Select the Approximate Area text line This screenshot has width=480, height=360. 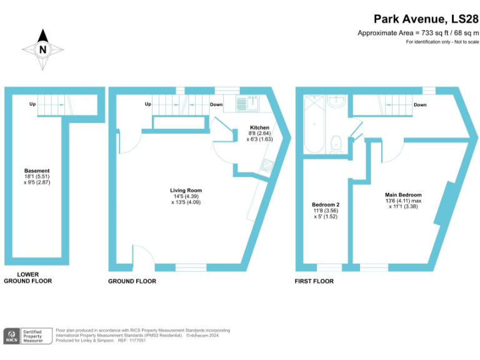417,32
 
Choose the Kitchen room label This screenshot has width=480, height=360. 259,134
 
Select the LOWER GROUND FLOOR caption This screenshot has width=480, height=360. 27,277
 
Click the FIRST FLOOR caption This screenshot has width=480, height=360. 314,281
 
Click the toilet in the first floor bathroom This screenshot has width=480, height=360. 336,143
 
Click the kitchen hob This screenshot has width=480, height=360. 266,166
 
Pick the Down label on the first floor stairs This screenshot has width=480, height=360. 420,105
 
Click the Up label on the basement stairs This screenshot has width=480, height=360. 32,104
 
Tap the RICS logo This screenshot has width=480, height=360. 12,336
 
